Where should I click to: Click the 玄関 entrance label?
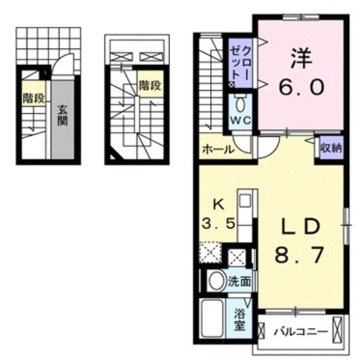point(62,115)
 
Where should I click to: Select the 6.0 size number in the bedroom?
point(302,87)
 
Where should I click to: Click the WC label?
point(240,120)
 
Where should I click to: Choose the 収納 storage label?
point(331,148)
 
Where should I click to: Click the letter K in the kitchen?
point(219,205)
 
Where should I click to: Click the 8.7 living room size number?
point(299,255)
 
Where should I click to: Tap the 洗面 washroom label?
point(239,282)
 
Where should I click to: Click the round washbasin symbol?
point(217,282)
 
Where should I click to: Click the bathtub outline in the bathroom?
point(212,318)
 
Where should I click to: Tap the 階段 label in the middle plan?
point(150,86)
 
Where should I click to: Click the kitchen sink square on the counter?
point(245,200)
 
